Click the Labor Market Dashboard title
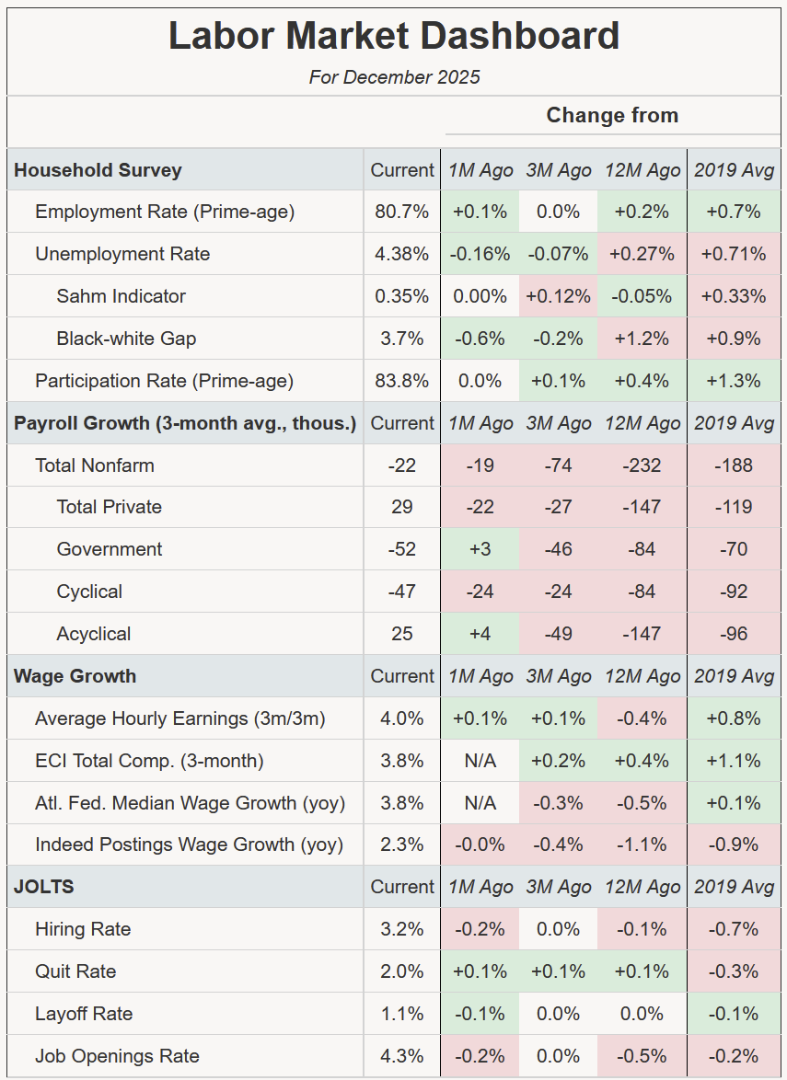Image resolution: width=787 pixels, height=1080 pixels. click(x=394, y=37)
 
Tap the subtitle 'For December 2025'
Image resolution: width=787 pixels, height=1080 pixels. click(x=394, y=77)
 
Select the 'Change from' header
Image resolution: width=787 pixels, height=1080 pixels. click(x=612, y=116)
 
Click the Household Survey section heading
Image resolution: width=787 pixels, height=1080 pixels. click(x=98, y=170)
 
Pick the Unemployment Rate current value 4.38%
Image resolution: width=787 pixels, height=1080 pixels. click(x=401, y=254)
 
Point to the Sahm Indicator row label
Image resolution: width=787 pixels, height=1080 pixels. click(x=121, y=296)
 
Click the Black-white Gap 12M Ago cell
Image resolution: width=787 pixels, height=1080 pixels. click(x=642, y=339)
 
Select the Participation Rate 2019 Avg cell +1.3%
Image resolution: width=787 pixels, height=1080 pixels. click(x=734, y=381)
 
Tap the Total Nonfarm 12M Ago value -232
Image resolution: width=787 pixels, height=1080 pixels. click(x=642, y=465)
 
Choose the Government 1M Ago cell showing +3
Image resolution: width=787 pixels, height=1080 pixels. click(x=480, y=549)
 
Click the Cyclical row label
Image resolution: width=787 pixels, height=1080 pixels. click(x=89, y=592)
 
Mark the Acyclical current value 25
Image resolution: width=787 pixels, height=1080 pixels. click(x=401, y=634)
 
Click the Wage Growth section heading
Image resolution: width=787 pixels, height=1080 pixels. click(x=75, y=676)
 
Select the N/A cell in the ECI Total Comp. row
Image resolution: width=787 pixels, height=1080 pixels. click(x=480, y=761)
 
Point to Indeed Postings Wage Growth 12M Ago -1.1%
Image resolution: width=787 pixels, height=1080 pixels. click(x=642, y=844)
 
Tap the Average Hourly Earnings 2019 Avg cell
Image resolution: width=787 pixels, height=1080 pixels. click(x=734, y=718)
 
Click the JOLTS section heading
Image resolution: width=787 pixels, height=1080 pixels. click(x=43, y=887)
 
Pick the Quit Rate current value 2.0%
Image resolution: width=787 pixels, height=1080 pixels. click(x=401, y=971)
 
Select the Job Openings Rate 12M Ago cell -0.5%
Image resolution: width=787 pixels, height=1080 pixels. click(x=642, y=1056)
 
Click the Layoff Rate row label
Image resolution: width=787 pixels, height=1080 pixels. click(x=84, y=1014)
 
